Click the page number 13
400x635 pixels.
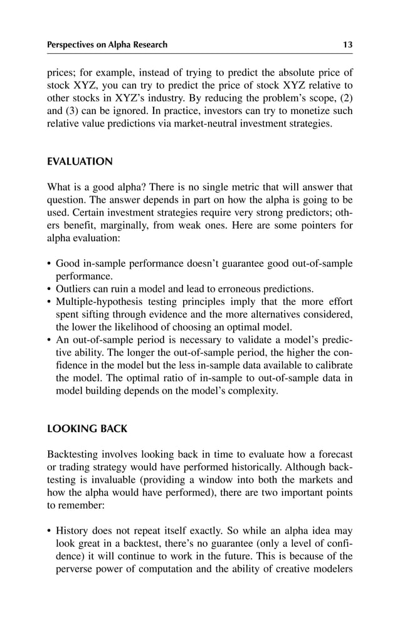[x=347, y=44]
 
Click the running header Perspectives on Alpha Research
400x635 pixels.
[x=107, y=44]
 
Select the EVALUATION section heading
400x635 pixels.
[x=80, y=162]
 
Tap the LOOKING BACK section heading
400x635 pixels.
[x=87, y=429]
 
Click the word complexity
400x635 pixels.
[x=251, y=391]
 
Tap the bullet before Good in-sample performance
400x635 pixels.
[x=50, y=264]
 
